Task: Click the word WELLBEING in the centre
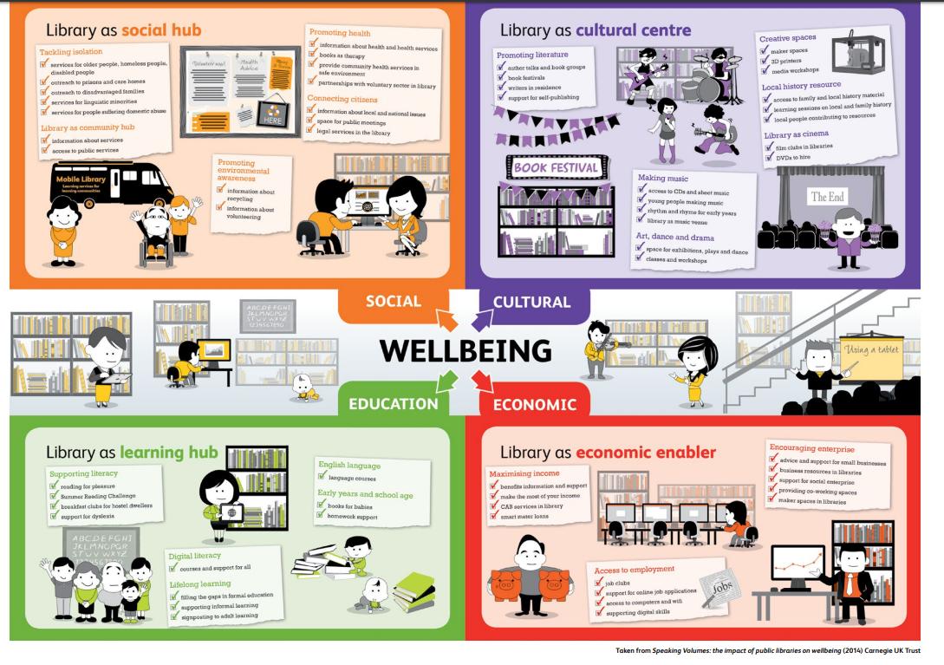pyautogui.click(x=465, y=351)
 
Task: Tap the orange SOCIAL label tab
pyautogui.click(x=393, y=303)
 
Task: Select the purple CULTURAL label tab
pyautogui.click(x=531, y=303)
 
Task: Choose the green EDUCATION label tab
pyautogui.click(x=393, y=403)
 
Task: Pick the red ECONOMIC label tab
pyautogui.click(x=534, y=404)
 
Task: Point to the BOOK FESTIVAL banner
pyautogui.click(x=556, y=167)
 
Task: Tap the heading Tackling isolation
pyautogui.click(x=71, y=52)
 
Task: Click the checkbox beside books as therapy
pyautogui.click(x=312, y=56)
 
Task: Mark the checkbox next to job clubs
pyautogui.click(x=598, y=584)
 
